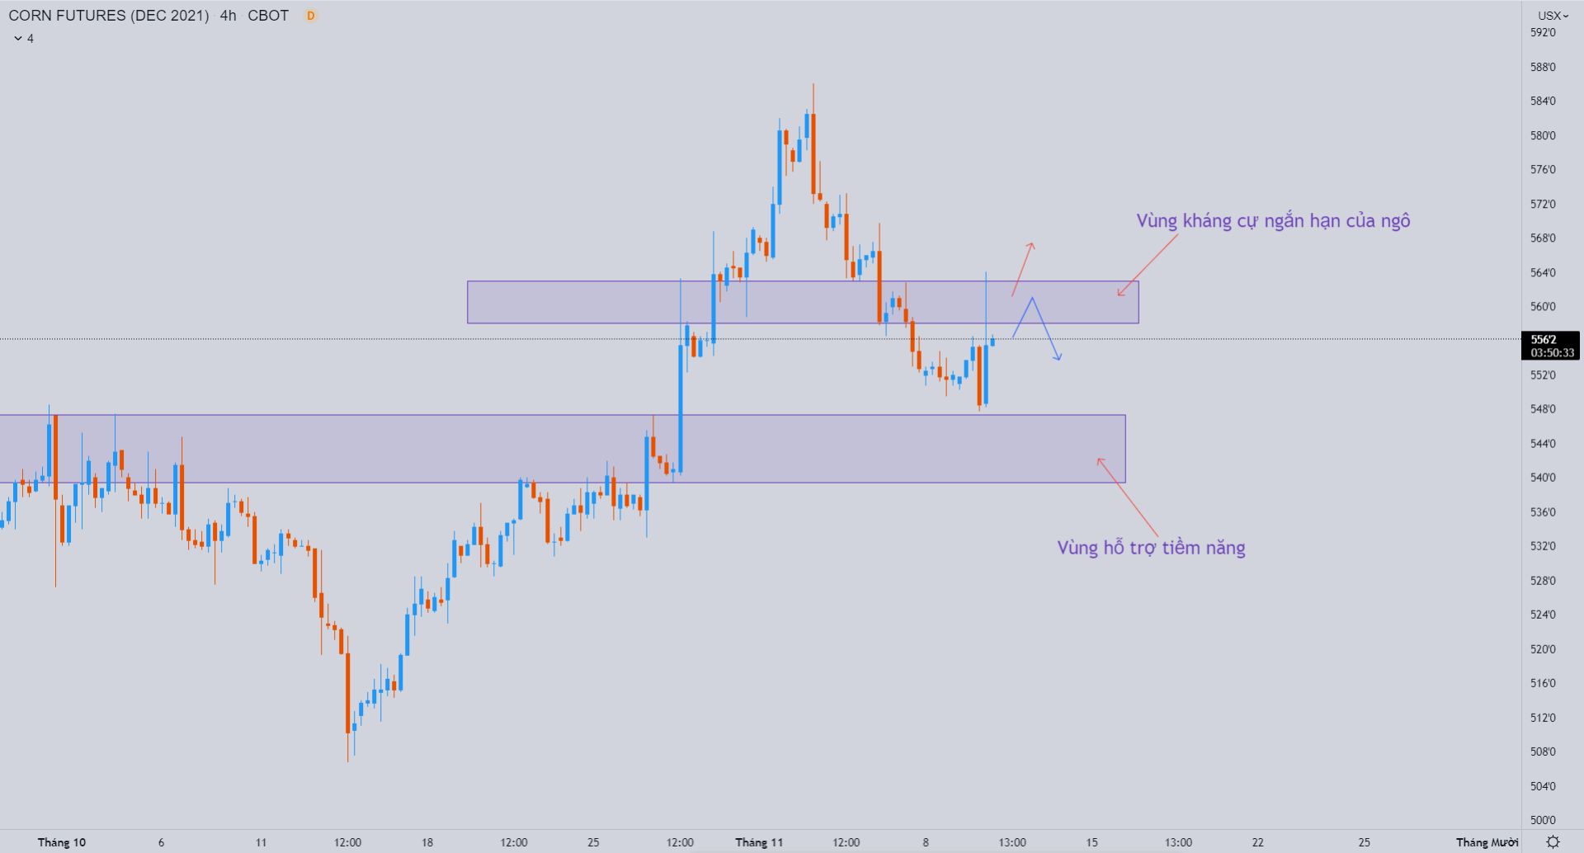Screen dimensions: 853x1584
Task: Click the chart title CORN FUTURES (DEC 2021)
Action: (x=108, y=16)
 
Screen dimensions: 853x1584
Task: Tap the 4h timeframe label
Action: (x=228, y=16)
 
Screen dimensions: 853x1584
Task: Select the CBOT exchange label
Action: (x=268, y=16)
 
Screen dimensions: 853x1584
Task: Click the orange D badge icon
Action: (x=311, y=16)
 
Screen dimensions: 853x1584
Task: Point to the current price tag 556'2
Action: (x=1544, y=339)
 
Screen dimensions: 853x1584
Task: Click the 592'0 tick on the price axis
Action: (x=1543, y=33)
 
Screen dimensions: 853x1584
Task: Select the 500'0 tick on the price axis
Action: (x=1543, y=820)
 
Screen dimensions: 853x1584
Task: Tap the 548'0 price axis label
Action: (x=1543, y=409)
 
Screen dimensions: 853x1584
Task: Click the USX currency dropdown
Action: (x=1552, y=16)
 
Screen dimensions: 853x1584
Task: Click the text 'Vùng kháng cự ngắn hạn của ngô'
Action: (x=1273, y=221)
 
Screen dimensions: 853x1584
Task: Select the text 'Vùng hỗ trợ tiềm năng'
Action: (x=1151, y=548)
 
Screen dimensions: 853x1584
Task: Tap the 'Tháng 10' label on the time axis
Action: (x=62, y=842)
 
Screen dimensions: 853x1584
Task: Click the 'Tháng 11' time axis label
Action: (x=759, y=842)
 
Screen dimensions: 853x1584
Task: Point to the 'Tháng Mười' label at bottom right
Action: (x=1487, y=842)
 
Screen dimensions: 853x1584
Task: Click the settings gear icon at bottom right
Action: (x=1553, y=842)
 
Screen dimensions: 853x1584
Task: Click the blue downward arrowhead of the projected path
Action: (x=1058, y=356)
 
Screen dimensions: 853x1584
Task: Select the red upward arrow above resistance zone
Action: (x=1023, y=268)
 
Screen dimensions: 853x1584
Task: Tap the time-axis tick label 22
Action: (x=1257, y=842)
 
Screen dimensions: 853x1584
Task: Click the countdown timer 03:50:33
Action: (x=1552, y=353)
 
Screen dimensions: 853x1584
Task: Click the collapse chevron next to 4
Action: (x=18, y=39)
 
